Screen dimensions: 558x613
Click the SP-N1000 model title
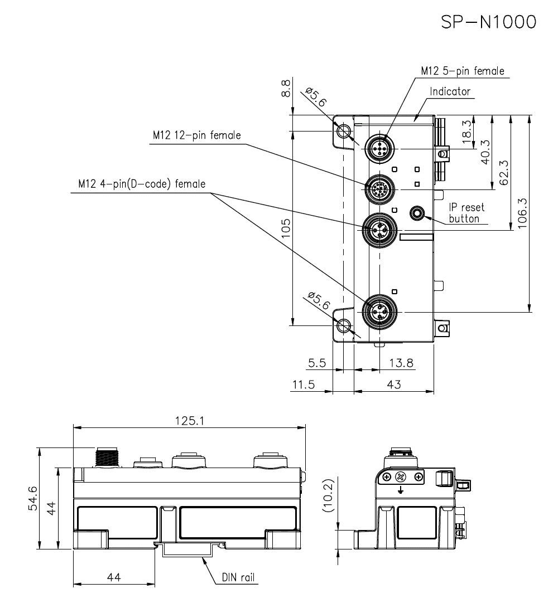(488, 22)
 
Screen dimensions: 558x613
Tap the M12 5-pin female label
(463, 71)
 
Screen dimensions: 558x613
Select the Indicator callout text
(450, 91)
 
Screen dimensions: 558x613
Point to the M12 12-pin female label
(196, 135)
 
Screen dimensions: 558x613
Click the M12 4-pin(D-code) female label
(142, 184)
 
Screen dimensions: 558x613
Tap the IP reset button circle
(417, 213)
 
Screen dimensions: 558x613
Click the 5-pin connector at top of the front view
(379, 149)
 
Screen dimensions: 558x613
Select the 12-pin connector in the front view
(379, 189)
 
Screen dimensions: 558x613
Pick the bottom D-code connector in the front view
(379, 312)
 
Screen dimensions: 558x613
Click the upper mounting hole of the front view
(344, 130)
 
